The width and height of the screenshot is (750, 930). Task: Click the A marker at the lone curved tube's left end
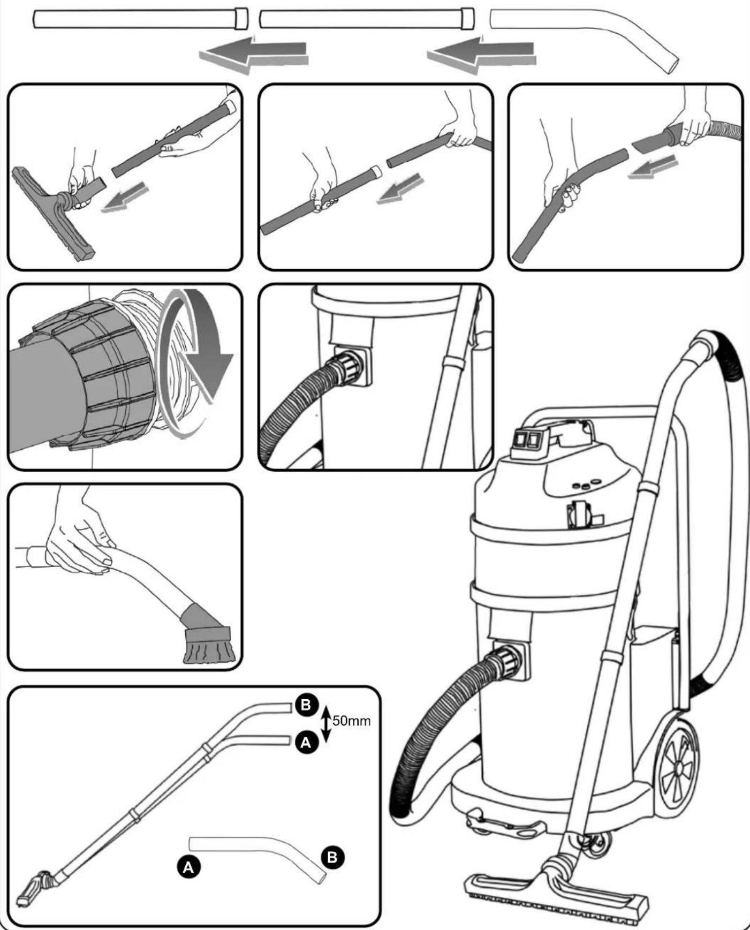point(188,867)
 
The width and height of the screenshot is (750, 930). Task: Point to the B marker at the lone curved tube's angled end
point(332,857)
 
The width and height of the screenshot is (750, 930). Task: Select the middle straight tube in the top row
point(367,19)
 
